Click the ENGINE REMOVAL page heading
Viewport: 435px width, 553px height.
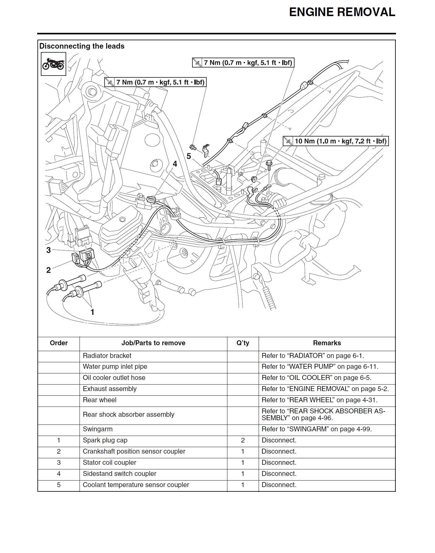click(342, 12)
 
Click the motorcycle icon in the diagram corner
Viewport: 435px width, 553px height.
click(54, 64)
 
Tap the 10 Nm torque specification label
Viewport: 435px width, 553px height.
click(336, 141)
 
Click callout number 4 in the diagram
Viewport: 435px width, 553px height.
click(175, 164)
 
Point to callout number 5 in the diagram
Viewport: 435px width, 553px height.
click(189, 156)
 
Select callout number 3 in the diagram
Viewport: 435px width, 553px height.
click(49, 250)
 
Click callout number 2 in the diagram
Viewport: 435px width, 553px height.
click(49, 270)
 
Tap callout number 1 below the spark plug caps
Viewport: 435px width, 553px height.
click(92, 312)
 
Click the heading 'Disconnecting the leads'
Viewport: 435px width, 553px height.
click(82, 46)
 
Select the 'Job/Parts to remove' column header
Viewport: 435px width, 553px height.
click(153, 343)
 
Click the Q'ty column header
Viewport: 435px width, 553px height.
click(243, 343)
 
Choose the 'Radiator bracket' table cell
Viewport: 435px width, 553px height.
click(107, 355)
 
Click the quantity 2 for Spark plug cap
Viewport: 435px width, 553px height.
click(243, 440)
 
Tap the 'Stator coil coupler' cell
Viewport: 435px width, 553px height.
click(110, 463)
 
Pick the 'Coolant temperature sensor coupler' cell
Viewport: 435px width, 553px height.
click(136, 485)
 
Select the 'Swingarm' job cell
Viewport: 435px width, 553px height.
click(98, 429)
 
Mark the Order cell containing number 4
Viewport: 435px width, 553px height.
click(59, 474)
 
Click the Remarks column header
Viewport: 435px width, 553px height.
click(327, 343)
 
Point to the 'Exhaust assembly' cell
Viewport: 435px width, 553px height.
click(110, 389)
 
